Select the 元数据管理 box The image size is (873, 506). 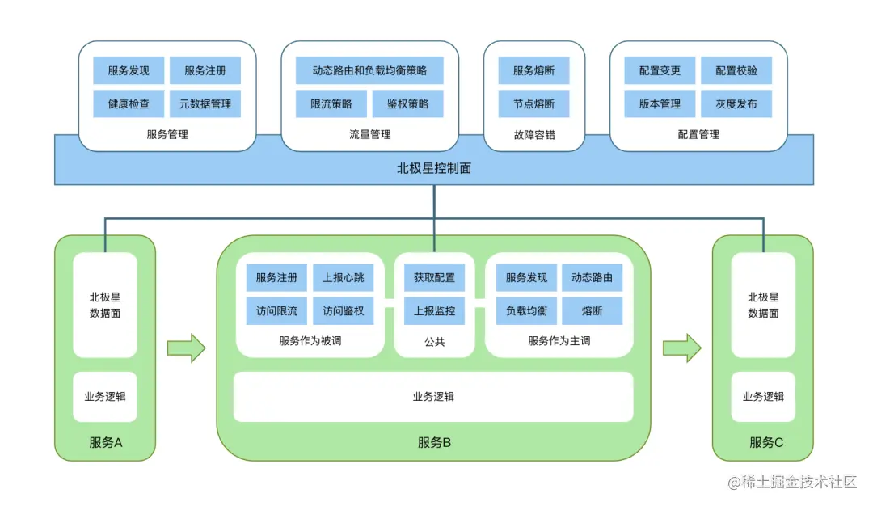[205, 104]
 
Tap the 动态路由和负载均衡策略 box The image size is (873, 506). [369, 70]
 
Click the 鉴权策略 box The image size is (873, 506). [407, 104]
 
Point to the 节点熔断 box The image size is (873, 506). [533, 104]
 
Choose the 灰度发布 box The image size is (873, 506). [736, 104]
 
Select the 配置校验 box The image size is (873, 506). [736, 70]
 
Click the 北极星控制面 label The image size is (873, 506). [434, 168]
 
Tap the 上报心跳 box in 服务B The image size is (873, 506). [344, 277]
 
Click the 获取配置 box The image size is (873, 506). [434, 277]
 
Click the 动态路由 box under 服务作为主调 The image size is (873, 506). [592, 277]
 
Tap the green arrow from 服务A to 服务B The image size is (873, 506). [186, 348]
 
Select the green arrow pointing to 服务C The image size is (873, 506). [681, 348]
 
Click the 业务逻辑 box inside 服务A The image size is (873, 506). [105, 396]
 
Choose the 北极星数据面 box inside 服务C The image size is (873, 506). [763, 305]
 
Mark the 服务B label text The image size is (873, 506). [434, 442]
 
